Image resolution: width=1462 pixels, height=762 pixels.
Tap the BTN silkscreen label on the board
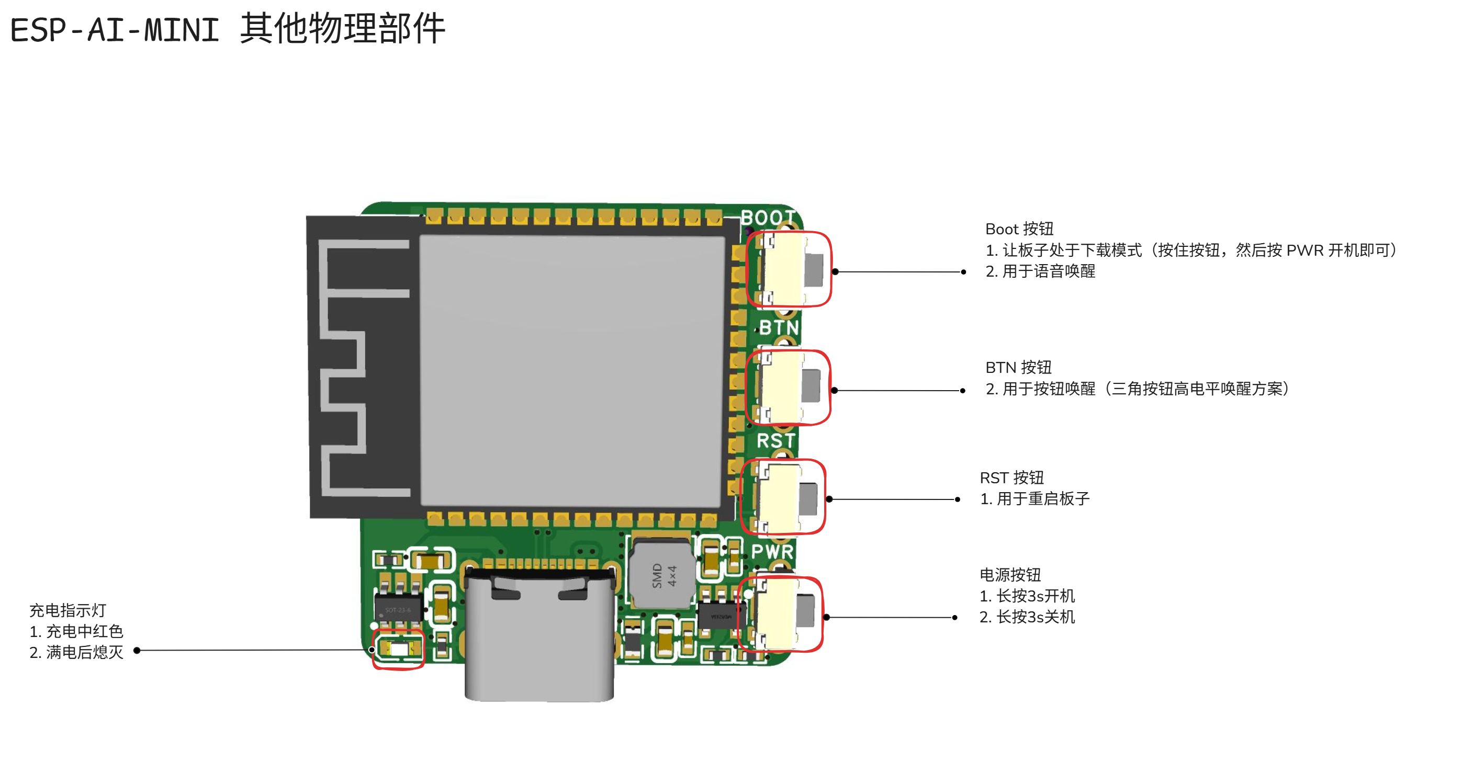coord(779,328)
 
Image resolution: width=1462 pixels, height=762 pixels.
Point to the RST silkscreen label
coord(776,441)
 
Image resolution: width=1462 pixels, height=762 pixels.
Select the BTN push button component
coord(788,388)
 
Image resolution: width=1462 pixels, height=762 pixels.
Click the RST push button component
coord(783,497)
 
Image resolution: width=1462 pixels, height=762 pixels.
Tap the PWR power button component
coord(780,615)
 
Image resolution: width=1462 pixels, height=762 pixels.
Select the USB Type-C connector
coord(539,635)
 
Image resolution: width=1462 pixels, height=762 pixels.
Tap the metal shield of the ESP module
coord(572,372)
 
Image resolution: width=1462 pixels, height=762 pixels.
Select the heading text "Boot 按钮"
coord(1019,229)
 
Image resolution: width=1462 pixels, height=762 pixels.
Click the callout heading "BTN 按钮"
coord(1018,368)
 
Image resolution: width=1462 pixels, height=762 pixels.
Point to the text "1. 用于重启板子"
coord(1034,499)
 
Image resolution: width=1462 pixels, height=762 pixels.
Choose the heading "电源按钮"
coord(1010,575)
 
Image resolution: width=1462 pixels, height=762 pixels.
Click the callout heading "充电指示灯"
coord(68,610)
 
